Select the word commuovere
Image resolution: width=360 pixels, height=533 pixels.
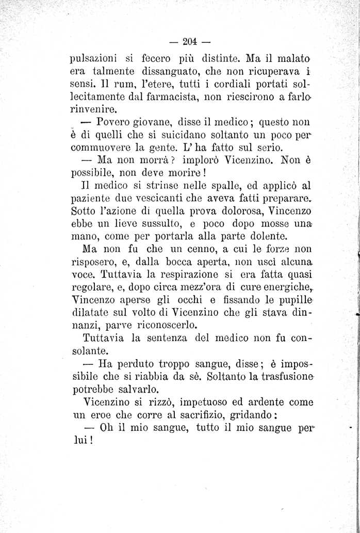102,150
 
